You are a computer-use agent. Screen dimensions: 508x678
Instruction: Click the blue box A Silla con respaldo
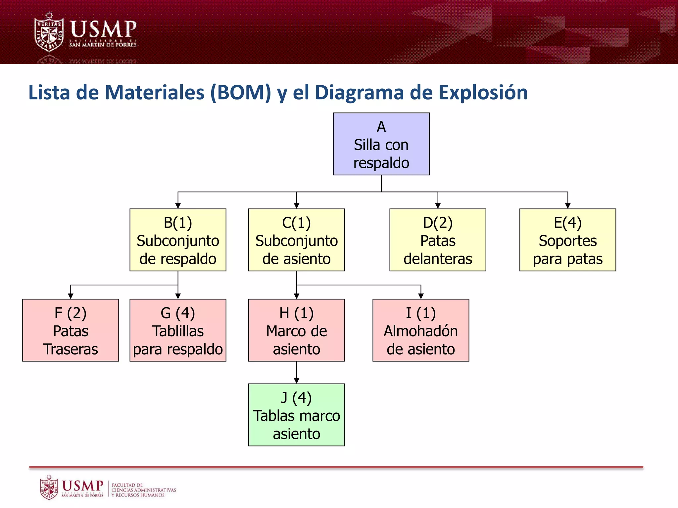pyautogui.click(x=381, y=144)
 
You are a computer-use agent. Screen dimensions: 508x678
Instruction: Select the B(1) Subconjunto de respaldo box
pyautogui.click(x=178, y=240)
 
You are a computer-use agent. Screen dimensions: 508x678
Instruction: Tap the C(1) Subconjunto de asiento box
pyautogui.click(x=296, y=240)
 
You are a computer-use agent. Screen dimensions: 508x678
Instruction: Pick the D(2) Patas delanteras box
pyautogui.click(x=438, y=240)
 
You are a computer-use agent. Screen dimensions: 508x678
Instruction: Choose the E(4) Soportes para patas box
pyautogui.click(x=567, y=240)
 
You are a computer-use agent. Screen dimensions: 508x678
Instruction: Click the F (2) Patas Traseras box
pyautogui.click(x=71, y=330)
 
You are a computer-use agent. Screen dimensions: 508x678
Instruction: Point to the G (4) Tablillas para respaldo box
pyautogui.click(x=178, y=330)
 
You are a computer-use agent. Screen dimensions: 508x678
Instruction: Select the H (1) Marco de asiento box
pyautogui.click(x=296, y=330)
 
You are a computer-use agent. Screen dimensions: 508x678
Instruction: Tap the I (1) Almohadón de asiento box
pyautogui.click(x=421, y=330)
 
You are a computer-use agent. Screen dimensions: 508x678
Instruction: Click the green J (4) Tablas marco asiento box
pyautogui.click(x=296, y=415)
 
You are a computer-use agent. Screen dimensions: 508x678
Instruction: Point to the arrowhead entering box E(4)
pyautogui.click(x=568, y=206)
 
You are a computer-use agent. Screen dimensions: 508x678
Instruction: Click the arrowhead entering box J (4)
pyautogui.click(x=297, y=381)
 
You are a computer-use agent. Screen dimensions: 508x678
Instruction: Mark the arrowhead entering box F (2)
pyautogui.click(x=71, y=296)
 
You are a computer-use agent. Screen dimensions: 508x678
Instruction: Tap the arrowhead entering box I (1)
pyautogui.click(x=421, y=296)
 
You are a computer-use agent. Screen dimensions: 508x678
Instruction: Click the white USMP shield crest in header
pyautogui.click(x=49, y=32)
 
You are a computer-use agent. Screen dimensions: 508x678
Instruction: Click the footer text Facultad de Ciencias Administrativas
pyautogui.click(x=143, y=490)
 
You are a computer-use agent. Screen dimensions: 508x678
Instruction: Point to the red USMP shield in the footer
pyautogui.click(x=49, y=487)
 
